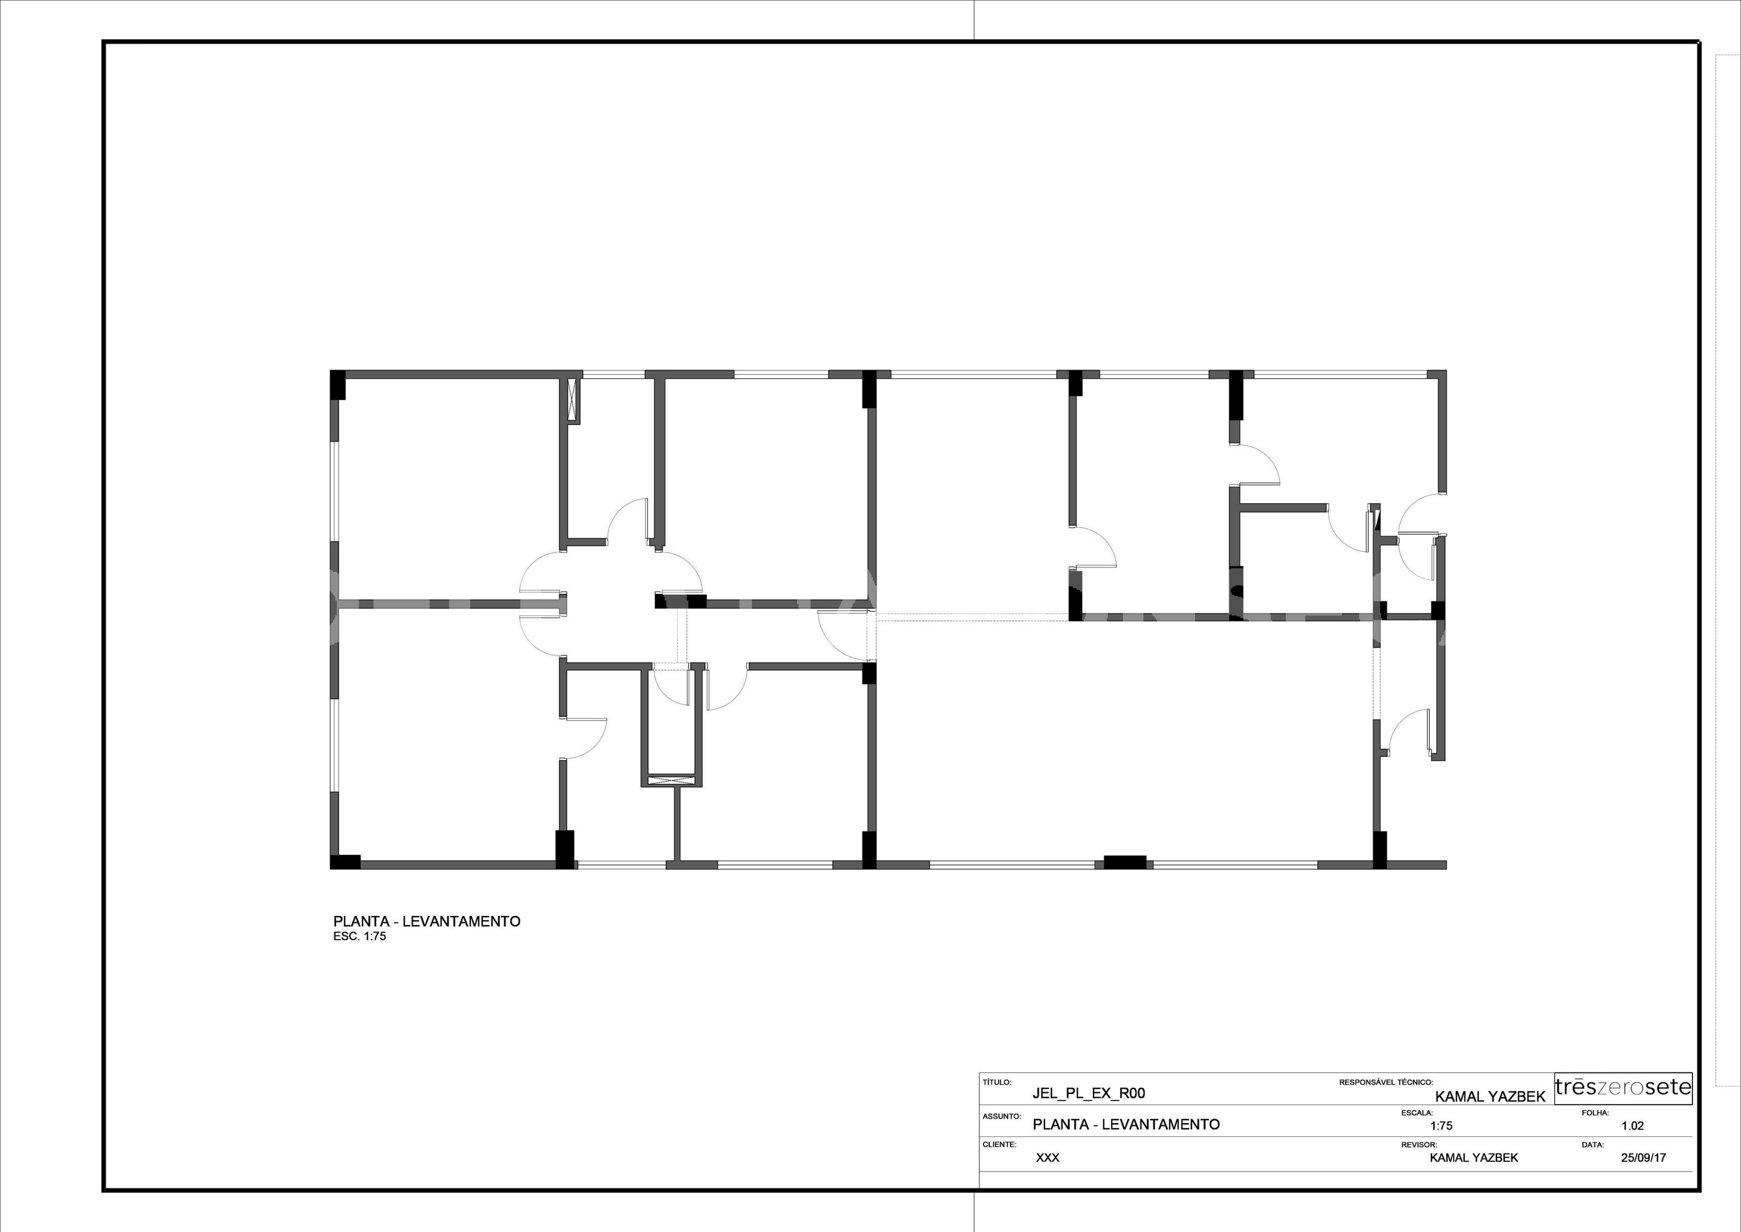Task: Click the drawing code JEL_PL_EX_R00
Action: coord(1089,1093)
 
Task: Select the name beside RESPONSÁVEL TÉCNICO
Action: coord(1490,1097)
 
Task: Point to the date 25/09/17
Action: coord(1643,1158)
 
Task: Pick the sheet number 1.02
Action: coord(1633,1126)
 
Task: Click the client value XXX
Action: coord(1048,1158)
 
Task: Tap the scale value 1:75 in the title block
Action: coord(1442,1126)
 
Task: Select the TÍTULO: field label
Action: coord(996,1082)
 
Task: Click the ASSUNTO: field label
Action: coord(1002,1117)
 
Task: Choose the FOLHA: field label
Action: coord(1596,1113)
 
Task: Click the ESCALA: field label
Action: coord(1417,1113)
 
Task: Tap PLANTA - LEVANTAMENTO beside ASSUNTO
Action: coord(1126,1125)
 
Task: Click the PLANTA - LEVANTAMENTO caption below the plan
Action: coord(427,922)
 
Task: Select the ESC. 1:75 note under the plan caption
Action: coord(360,936)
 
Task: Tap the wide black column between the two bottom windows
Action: coord(1125,862)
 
